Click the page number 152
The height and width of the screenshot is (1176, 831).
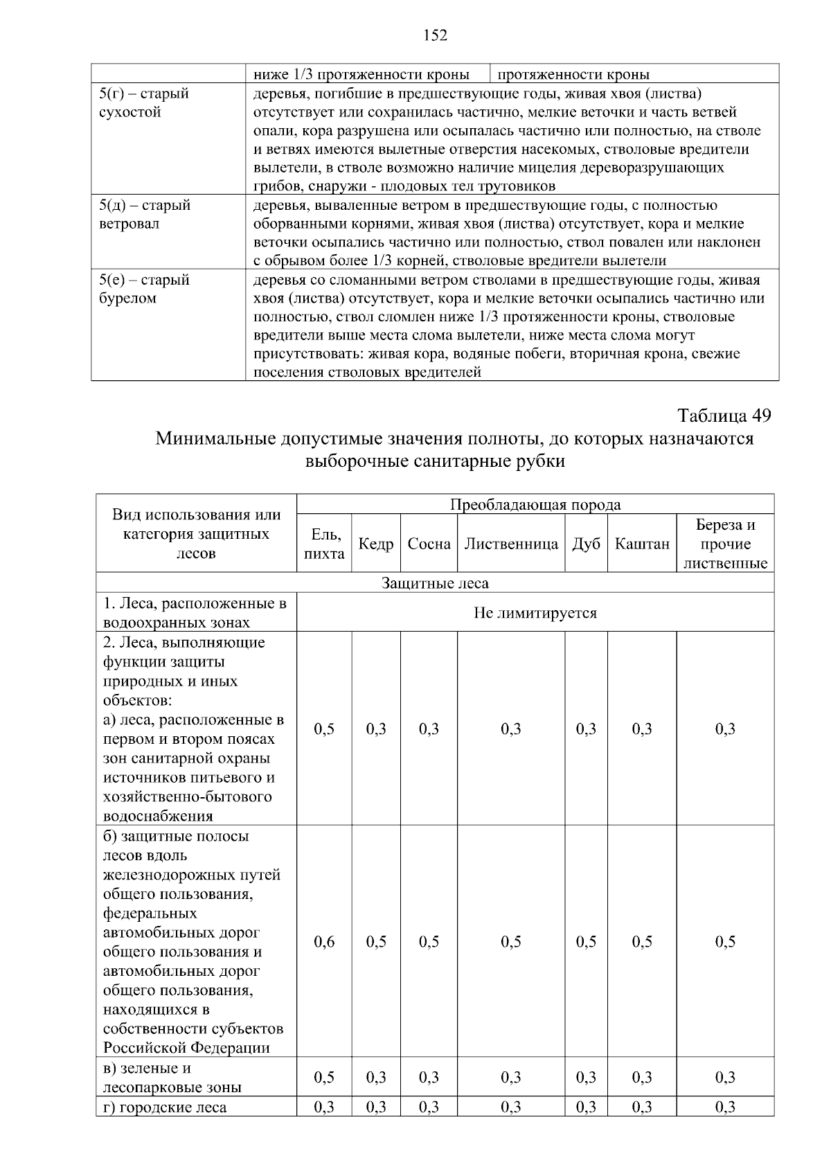(435, 36)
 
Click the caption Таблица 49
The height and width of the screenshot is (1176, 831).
(724, 416)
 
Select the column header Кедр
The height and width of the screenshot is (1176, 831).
(376, 544)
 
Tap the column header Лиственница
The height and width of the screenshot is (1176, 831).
(511, 544)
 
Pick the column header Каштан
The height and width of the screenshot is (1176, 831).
(642, 544)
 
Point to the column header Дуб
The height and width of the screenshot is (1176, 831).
(586, 544)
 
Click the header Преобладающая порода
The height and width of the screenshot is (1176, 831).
(535, 504)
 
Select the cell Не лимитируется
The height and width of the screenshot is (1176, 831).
(535, 613)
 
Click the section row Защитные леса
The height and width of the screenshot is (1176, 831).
(435, 583)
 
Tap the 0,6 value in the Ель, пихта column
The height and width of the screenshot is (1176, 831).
(324, 941)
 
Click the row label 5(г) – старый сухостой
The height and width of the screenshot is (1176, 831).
(144, 103)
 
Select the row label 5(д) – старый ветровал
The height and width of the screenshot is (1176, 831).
(144, 215)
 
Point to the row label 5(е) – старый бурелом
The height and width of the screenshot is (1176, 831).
(144, 289)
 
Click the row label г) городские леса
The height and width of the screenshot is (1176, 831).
(165, 1107)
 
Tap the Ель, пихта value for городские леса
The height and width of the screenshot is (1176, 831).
(324, 1107)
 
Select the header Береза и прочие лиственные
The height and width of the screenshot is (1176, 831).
(725, 544)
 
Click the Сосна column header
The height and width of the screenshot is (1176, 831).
(429, 544)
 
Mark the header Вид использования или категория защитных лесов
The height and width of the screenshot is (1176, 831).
(197, 534)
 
